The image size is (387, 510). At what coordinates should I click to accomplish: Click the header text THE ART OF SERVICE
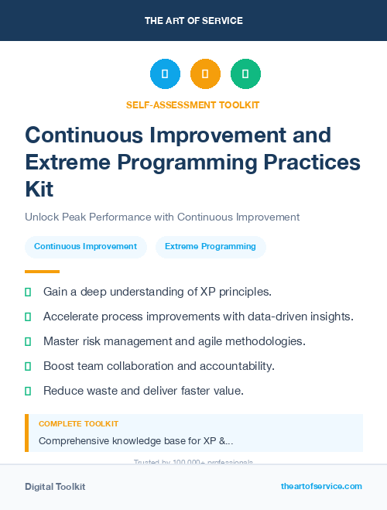click(193, 21)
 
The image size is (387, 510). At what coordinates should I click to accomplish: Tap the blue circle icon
click(165, 74)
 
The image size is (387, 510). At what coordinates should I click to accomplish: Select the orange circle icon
click(205, 74)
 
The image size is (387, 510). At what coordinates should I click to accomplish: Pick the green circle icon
click(245, 74)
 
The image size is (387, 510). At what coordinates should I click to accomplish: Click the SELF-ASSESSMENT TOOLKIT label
click(193, 104)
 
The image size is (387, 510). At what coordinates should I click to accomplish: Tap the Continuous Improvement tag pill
click(85, 247)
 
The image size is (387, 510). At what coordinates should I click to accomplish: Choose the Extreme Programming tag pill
click(210, 247)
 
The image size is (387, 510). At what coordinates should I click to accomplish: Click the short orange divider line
click(42, 272)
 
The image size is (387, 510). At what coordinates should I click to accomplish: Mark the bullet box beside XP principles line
click(28, 292)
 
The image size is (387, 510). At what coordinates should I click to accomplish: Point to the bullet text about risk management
click(174, 341)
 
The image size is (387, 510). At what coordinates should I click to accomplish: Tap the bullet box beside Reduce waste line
click(28, 391)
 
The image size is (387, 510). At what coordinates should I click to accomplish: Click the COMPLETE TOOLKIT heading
click(78, 424)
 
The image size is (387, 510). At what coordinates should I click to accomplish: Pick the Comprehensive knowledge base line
click(135, 441)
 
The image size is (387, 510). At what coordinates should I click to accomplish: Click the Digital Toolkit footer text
click(55, 487)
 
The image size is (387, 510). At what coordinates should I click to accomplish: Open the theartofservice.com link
click(321, 486)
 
